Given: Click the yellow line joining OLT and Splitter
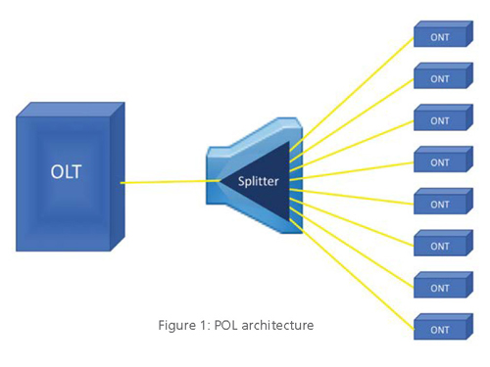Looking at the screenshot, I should click(167, 182).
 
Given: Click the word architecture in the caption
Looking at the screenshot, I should click(277, 325).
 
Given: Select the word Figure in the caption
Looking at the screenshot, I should click(177, 325).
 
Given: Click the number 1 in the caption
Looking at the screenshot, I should click(203, 325).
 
